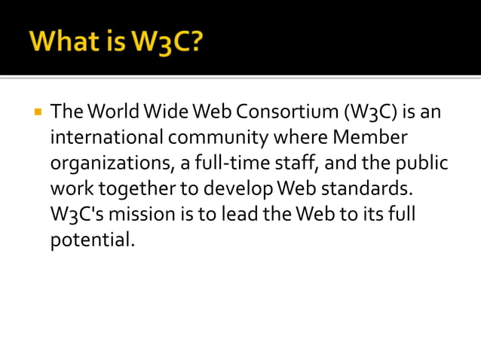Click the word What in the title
[x=63, y=41]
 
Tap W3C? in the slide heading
[x=167, y=41]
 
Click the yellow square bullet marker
[x=36, y=113]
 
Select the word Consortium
[x=285, y=114]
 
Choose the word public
[x=421, y=164]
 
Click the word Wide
[x=168, y=114]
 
